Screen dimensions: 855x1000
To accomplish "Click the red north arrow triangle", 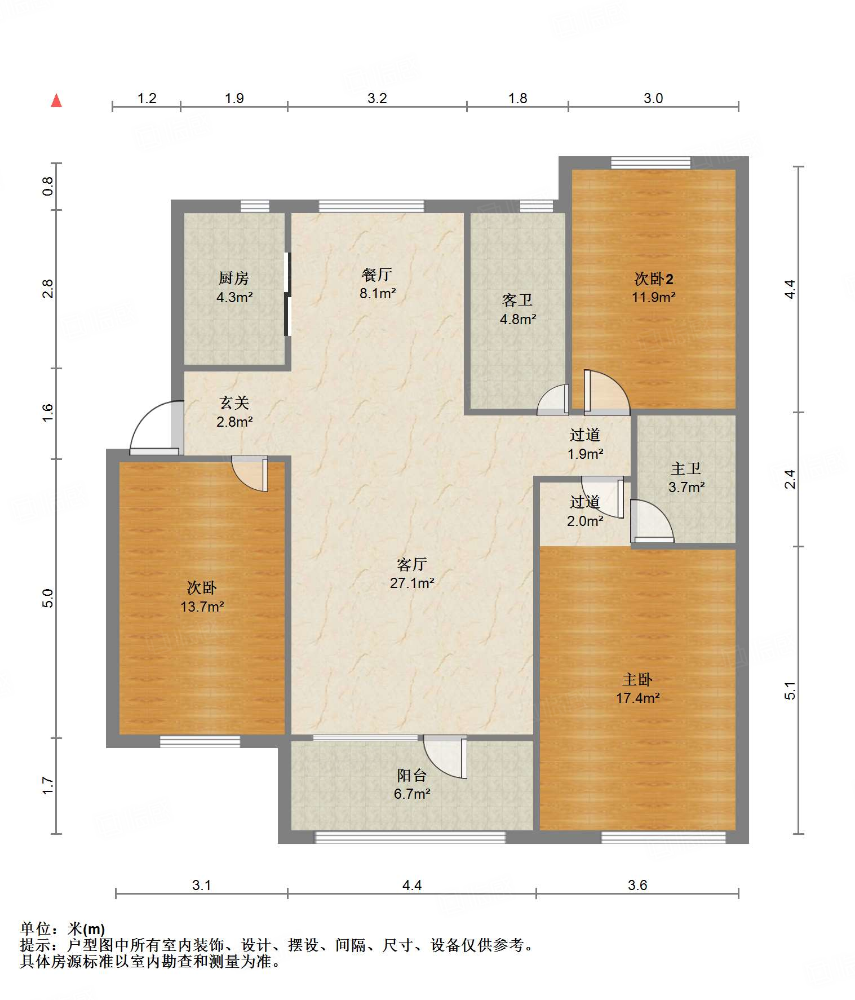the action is (x=56, y=100).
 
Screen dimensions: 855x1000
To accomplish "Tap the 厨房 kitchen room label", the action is (x=234, y=278).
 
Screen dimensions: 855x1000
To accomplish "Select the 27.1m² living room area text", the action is (x=412, y=583).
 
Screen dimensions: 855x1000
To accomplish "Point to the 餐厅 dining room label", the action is (x=377, y=275).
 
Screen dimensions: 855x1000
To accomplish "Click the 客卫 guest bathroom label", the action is (x=517, y=300).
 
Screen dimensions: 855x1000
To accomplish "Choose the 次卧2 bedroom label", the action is (x=654, y=278).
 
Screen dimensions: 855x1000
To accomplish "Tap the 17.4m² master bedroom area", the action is (x=638, y=698).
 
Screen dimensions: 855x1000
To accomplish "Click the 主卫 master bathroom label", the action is (x=686, y=468).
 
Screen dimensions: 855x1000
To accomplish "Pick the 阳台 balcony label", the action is (x=412, y=776).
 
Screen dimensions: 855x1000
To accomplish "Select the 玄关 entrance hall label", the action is (x=234, y=402).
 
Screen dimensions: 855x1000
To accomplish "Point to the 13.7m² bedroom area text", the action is (x=202, y=607).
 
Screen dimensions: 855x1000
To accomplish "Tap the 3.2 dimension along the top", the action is (x=377, y=98).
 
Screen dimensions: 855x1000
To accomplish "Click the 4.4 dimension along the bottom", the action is (x=412, y=885).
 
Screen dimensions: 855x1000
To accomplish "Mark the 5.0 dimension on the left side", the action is (x=48, y=598).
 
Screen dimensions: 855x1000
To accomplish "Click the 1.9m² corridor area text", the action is (x=586, y=454).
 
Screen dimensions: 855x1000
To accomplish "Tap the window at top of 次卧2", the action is (x=651, y=163).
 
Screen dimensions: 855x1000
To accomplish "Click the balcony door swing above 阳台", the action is (x=445, y=757).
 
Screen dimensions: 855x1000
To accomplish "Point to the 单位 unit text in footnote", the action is (x=35, y=928).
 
